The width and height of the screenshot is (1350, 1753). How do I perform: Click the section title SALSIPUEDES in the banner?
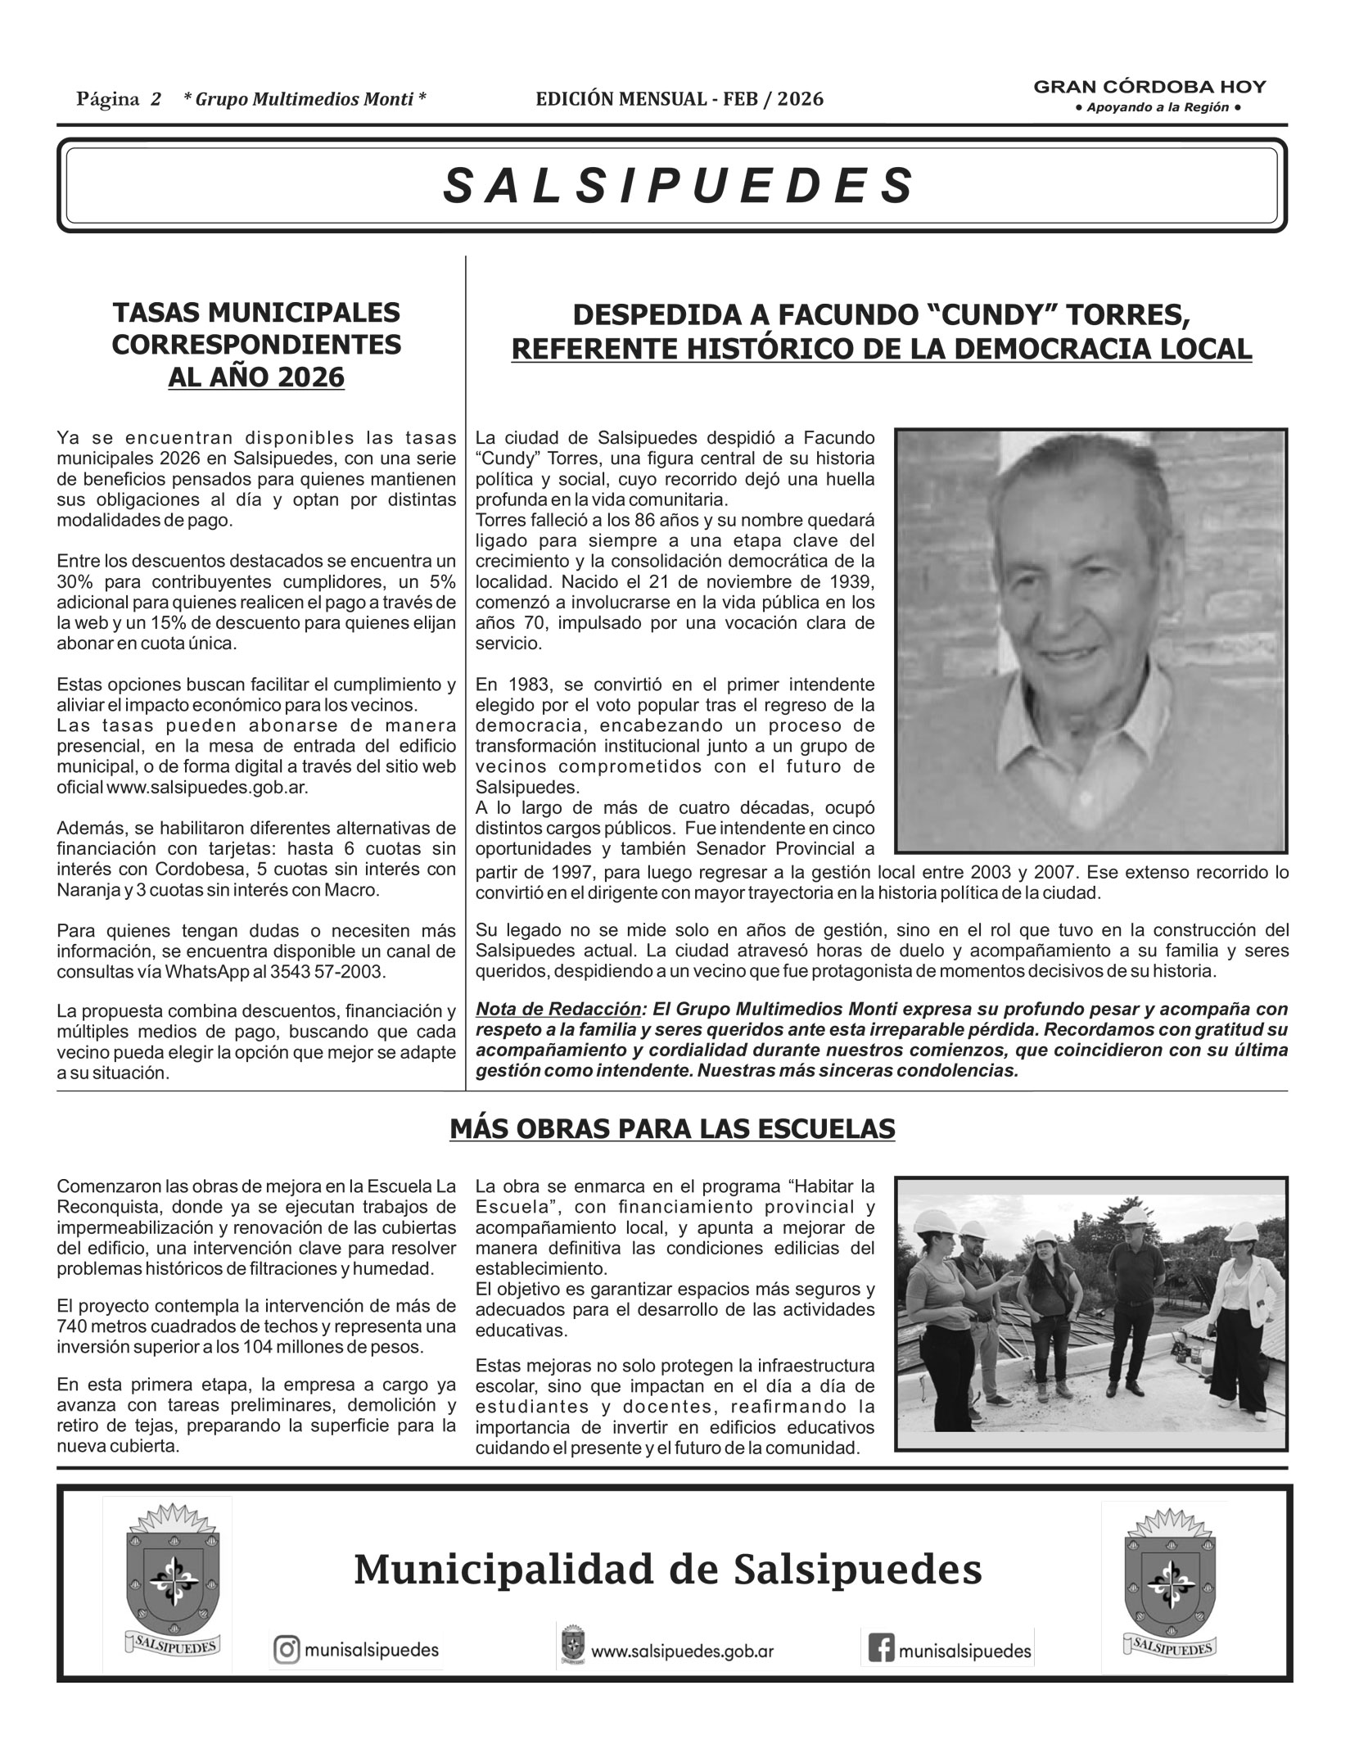(677, 186)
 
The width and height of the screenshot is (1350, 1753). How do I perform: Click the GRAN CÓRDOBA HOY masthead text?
(1149, 87)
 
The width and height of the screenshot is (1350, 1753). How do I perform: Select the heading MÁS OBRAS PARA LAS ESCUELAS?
(672, 1129)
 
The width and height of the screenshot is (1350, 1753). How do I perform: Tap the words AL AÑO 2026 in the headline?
(256, 378)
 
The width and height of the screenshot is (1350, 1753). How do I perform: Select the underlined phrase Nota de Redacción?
(558, 1009)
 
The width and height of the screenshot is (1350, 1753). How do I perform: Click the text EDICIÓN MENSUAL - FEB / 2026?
(680, 100)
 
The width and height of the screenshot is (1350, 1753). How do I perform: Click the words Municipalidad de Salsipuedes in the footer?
(667, 1570)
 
